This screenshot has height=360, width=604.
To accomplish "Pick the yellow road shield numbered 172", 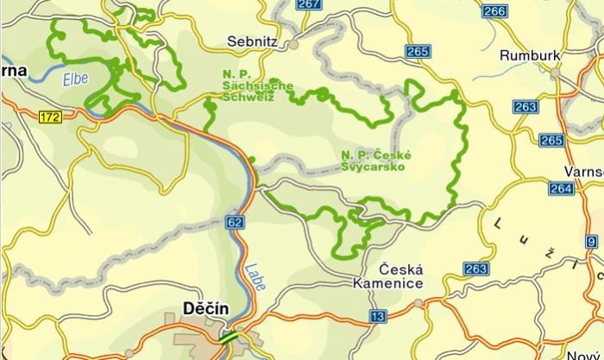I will click(49, 117).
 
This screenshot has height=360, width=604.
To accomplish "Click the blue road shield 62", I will click(236, 222).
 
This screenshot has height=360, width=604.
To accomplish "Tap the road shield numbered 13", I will click(377, 316).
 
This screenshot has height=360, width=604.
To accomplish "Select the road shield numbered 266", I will click(494, 10).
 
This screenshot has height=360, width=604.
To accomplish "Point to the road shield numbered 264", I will click(560, 188).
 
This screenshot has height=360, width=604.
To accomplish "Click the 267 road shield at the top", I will click(308, 4).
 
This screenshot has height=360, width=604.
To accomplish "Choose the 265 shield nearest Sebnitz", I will click(416, 52).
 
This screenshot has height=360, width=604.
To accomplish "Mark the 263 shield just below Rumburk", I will click(525, 106).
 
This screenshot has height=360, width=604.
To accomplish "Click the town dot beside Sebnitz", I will click(293, 42).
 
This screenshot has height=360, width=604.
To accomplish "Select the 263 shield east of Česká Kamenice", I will click(475, 268).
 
